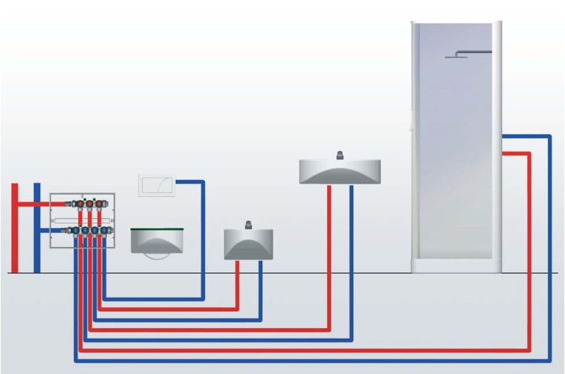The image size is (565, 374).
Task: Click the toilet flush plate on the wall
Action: click(156, 186)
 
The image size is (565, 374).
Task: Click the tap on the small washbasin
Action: click(248, 226)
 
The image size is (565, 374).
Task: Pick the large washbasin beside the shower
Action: click(340, 171)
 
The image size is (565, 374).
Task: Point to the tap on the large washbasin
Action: click(340, 155)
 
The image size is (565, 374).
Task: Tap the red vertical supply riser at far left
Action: click(15, 226)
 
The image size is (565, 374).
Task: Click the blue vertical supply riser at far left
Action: click(37, 226)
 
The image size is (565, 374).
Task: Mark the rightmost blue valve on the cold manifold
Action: click(107, 230)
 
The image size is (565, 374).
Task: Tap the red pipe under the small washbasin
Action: click(238, 282)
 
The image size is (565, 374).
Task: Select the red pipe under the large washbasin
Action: click(329, 254)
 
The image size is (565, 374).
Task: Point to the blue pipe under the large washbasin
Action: click(351, 254)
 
